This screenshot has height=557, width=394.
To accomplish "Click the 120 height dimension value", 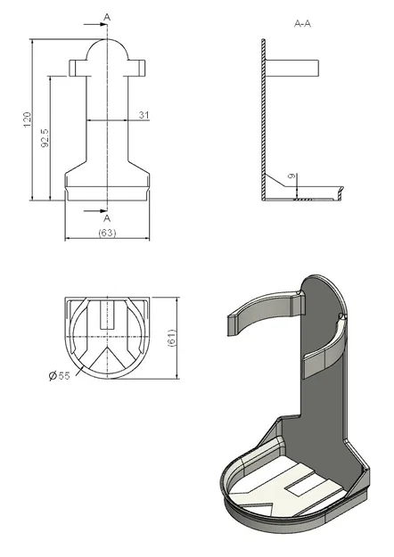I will (x=27, y=119).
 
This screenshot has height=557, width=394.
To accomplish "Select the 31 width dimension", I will (x=143, y=114).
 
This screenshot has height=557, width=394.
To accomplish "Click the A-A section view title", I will (x=302, y=26).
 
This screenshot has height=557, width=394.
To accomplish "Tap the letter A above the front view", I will (x=107, y=17).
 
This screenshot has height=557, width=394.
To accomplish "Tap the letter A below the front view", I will (x=107, y=218).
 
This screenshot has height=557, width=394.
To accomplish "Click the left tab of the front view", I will (x=77, y=68).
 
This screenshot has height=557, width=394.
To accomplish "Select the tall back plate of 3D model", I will (x=321, y=374).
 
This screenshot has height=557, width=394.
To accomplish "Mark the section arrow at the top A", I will (x=102, y=27).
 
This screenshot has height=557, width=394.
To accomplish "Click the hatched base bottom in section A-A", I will (x=303, y=198).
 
